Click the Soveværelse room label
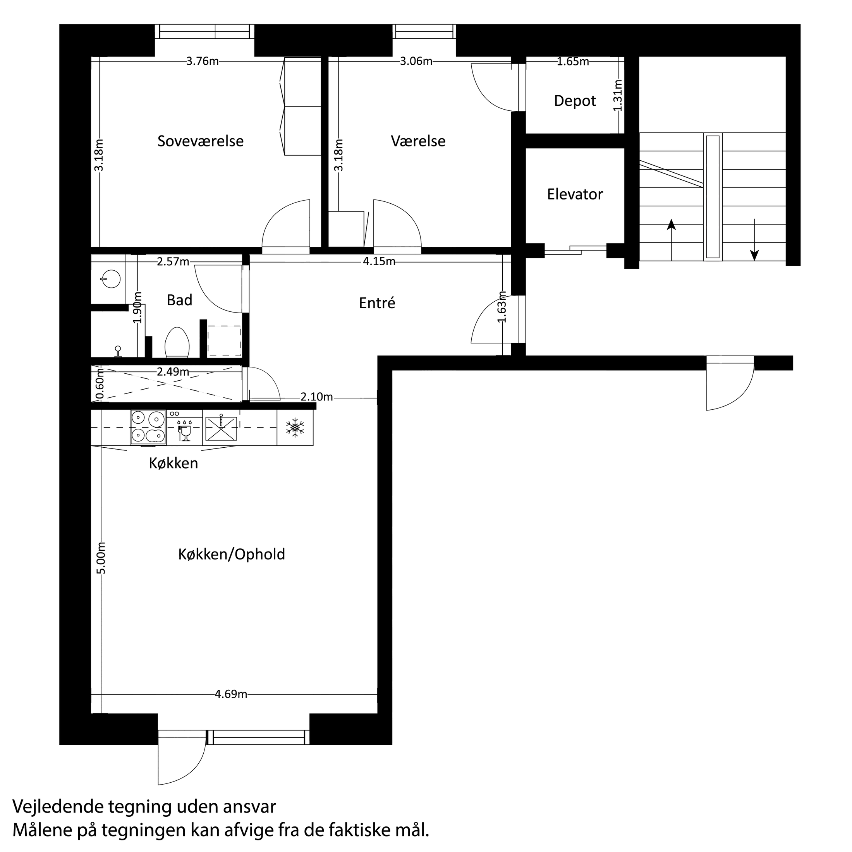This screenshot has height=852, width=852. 201,141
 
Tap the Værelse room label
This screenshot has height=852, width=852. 418,141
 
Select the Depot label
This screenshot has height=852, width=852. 575,101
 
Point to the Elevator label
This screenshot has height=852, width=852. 575,194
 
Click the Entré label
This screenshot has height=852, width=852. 377,303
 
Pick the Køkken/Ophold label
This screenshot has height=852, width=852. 232,554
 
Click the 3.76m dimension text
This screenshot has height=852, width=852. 203,61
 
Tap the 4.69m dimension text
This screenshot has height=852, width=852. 231,694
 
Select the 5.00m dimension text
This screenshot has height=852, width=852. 101,558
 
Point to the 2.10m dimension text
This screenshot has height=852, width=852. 317,397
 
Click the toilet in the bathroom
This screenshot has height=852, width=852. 177,343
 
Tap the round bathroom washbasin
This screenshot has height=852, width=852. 109,278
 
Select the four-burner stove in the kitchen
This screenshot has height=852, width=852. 148,427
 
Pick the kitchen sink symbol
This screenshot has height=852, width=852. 220,428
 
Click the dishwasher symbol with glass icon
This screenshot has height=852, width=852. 184,427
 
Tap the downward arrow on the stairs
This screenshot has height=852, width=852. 754,239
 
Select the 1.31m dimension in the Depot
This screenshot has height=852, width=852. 618,95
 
